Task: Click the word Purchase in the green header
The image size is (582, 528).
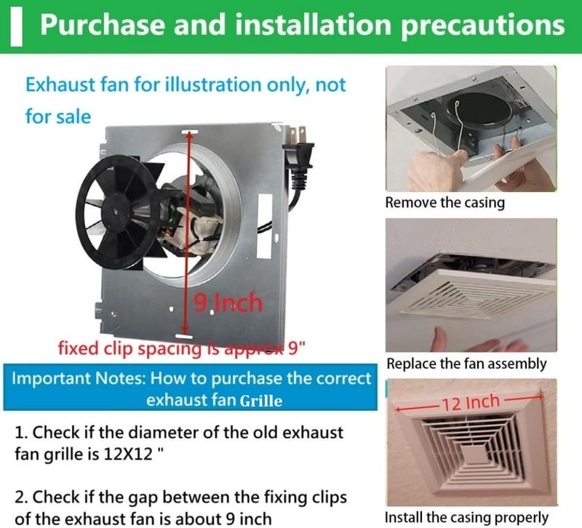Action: pyautogui.click(x=102, y=25)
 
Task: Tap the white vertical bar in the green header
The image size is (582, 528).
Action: pyautogui.click(x=16, y=28)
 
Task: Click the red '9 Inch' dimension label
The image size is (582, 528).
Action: pyautogui.click(x=228, y=303)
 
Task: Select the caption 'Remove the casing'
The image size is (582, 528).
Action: pyautogui.click(x=445, y=203)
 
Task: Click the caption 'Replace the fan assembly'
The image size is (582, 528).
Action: pyautogui.click(x=466, y=364)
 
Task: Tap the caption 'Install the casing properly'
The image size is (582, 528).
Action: pyautogui.click(x=466, y=517)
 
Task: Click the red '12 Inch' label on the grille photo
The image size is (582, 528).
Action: pyautogui.click(x=471, y=403)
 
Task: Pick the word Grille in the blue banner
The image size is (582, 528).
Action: pyautogui.click(x=261, y=401)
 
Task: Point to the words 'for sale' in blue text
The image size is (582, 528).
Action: pyautogui.click(x=58, y=116)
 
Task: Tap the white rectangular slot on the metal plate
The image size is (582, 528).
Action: pyautogui.click(x=265, y=226)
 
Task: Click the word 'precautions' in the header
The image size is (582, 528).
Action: pyautogui.click(x=483, y=25)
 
